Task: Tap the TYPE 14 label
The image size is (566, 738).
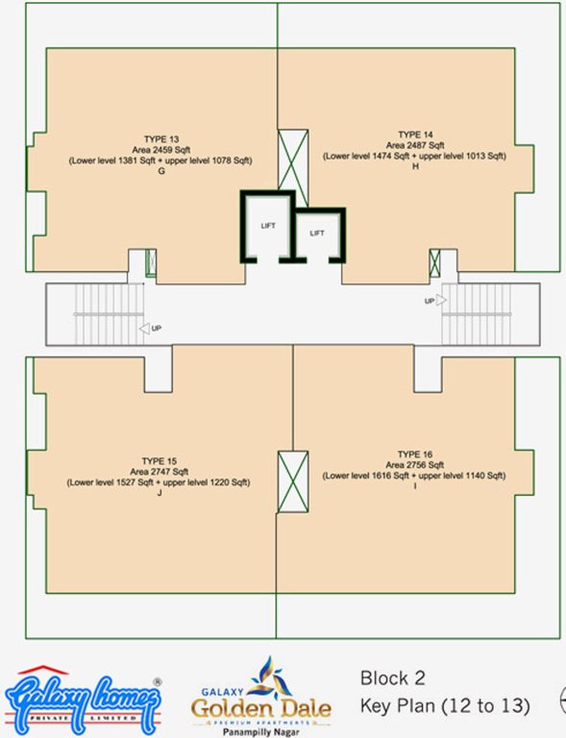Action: pos(415,134)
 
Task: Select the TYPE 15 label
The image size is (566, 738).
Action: pos(159,461)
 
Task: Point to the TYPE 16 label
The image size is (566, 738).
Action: pos(415,454)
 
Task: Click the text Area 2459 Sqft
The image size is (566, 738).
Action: pos(159,151)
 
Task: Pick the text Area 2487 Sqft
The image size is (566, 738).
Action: pos(416,144)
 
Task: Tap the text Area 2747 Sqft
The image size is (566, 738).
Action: pos(159,472)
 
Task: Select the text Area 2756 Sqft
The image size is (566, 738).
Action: pos(415,464)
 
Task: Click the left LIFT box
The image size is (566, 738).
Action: pos(267,226)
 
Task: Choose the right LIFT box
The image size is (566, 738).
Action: pos(317,233)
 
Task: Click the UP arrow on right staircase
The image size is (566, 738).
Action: pos(433,301)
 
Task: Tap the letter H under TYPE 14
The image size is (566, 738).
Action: pos(416,166)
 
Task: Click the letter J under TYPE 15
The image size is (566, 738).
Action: pos(159,493)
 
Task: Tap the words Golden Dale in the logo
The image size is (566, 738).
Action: pos(260,709)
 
